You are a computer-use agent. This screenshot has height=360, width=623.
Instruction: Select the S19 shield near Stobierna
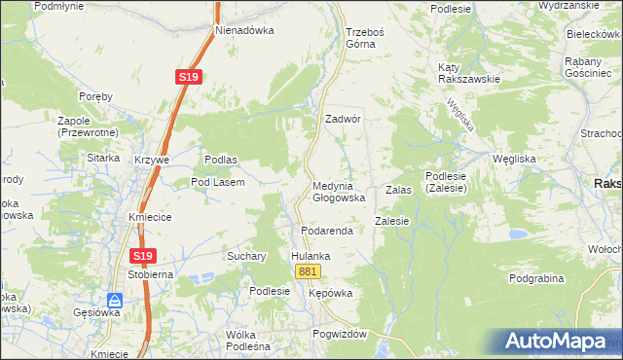(x=143, y=255)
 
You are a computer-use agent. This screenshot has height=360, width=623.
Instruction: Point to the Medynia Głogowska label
(x=338, y=192)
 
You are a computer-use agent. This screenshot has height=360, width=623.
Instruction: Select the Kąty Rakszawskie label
(x=468, y=73)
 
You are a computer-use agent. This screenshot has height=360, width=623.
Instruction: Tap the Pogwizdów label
(x=339, y=334)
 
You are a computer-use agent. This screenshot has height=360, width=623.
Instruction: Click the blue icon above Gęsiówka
(x=115, y=301)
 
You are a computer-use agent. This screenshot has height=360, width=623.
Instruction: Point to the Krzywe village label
(x=153, y=159)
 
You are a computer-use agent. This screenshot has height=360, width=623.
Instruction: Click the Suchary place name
(x=246, y=256)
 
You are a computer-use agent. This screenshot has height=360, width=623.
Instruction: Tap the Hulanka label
(x=311, y=256)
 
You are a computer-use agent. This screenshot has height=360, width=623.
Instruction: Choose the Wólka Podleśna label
(x=247, y=340)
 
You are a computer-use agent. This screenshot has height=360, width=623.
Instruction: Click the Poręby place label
(x=96, y=96)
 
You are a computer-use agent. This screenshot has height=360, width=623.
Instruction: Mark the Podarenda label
(x=324, y=231)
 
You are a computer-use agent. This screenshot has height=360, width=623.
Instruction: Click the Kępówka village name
(x=329, y=292)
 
